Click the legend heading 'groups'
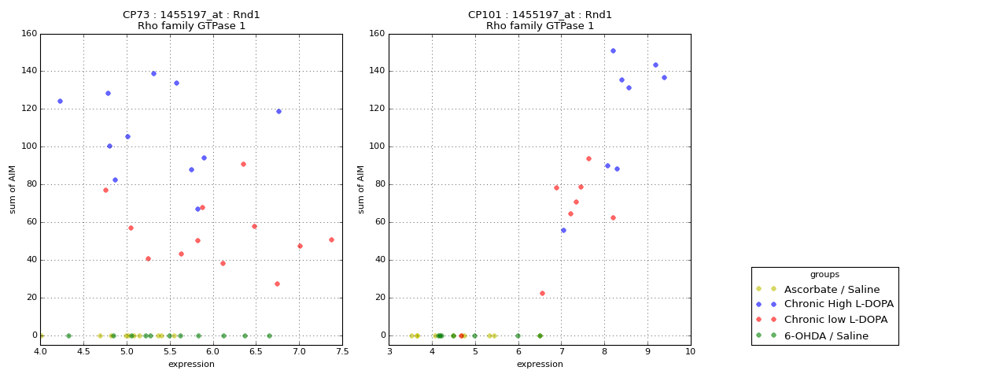click(824, 275)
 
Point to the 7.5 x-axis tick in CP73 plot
click(342, 351)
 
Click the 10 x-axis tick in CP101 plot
click(690, 351)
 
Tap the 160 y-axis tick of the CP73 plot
click(28, 33)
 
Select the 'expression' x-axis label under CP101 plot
click(540, 364)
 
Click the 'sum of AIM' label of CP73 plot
click(13, 189)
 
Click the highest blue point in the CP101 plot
click(613, 50)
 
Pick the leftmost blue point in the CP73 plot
click(60, 101)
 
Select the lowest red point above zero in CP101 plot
click(542, 293)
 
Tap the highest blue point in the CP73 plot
click(153, 73)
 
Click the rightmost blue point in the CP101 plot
click(664, 77)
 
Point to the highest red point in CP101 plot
click(588, 158)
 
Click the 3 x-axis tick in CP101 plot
click(389, 351)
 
